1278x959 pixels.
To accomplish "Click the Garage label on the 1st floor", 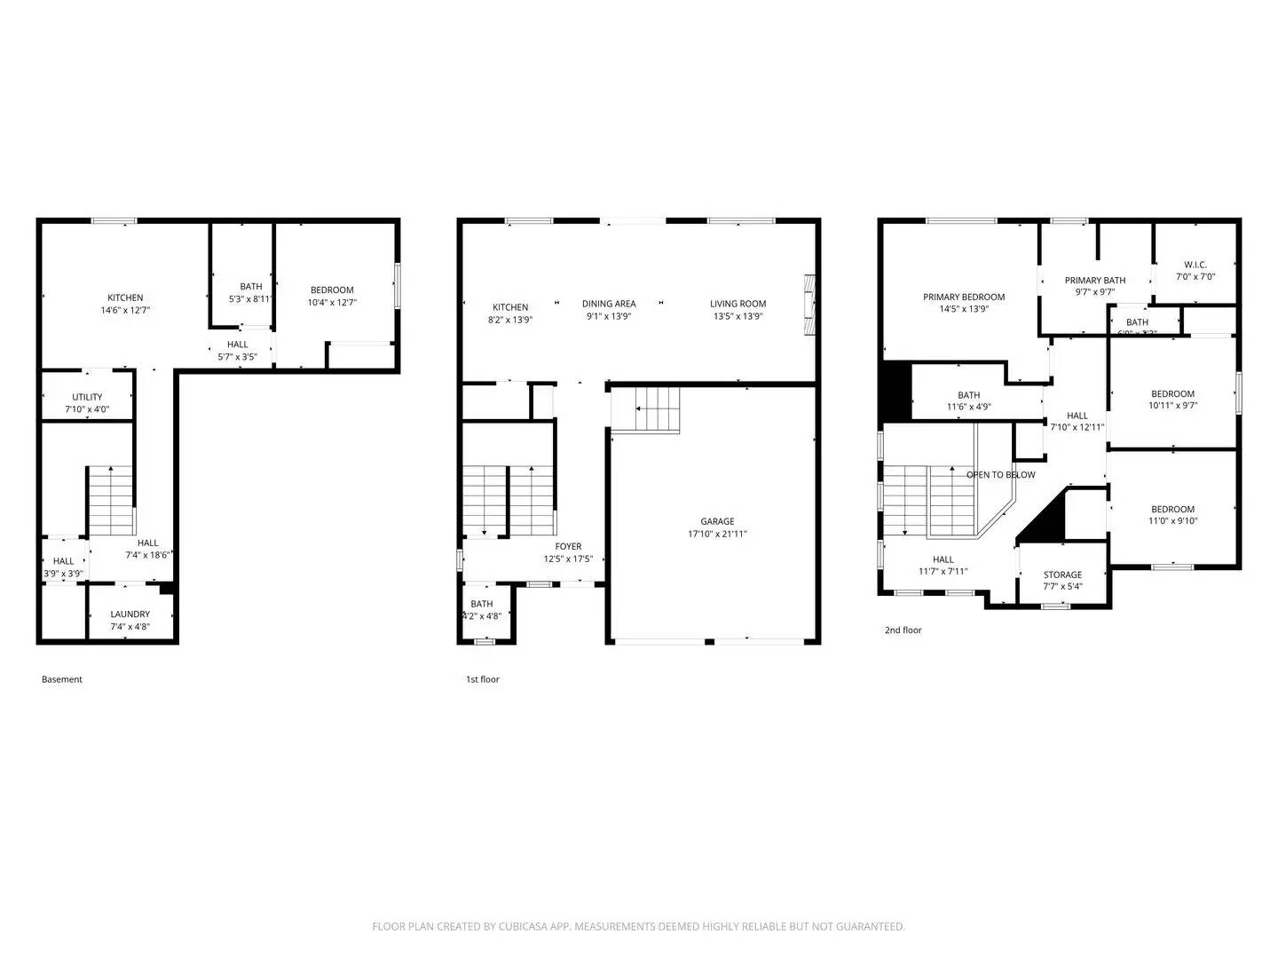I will [717, 521].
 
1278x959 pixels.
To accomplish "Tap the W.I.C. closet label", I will [1195, 265].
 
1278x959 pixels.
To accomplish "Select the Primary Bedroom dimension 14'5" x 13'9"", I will [964, 310].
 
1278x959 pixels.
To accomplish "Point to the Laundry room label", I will [130, 614].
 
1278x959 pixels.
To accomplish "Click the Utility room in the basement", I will [87, 397].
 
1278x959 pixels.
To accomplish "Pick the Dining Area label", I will [609, 304].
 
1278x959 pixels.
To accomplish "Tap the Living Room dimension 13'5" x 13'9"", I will [738, 316].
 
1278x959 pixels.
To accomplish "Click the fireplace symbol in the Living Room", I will [809, 304].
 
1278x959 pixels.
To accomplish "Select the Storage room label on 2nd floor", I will [1062, 575].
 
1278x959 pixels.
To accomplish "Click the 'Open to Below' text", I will [1000, 475].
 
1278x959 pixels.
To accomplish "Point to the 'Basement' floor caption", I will [62, 679].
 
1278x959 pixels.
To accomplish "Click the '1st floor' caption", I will [483, 679].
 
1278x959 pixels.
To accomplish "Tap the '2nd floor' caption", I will [903, 630].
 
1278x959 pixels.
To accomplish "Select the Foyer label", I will [568, 547].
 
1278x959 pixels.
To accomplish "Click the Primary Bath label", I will [1095, 281].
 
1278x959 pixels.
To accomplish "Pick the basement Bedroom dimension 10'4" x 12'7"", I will [332, 303].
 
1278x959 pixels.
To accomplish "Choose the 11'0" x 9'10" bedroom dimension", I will [1172, 521].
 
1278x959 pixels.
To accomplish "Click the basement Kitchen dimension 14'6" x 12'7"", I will [125, 311].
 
